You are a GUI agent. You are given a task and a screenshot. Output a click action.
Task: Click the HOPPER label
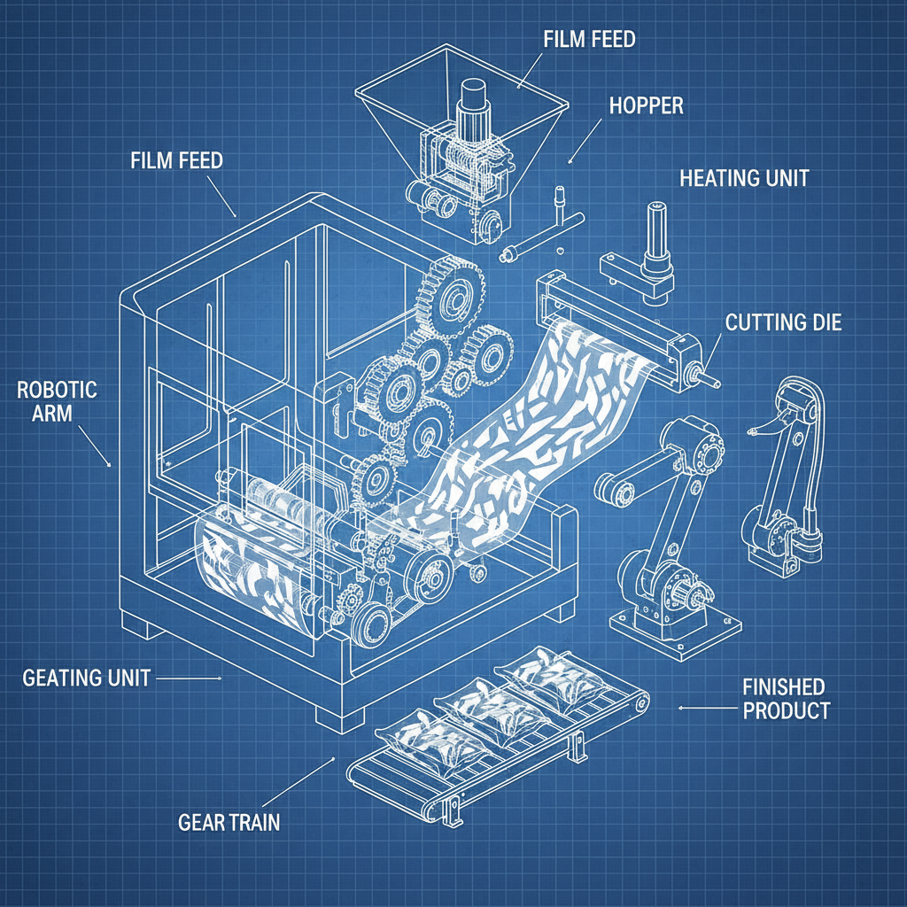[646, 105]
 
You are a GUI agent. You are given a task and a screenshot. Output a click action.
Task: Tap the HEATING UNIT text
[743, 177]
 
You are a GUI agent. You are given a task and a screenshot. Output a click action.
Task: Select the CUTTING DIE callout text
[783, 322]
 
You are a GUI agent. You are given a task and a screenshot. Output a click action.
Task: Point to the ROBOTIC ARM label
[57, 401]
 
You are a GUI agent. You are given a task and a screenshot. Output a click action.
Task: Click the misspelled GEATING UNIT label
[86, 678]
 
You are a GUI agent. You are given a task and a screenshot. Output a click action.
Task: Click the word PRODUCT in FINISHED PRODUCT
[787, 710]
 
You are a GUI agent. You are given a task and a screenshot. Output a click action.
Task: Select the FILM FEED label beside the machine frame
[176, 161]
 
